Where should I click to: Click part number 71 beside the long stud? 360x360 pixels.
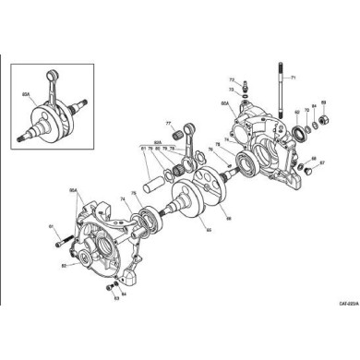point(294,79)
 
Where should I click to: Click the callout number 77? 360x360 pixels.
point(168,123)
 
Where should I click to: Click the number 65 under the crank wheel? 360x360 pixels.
point(209,230)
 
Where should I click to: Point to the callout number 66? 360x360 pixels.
point(228,219)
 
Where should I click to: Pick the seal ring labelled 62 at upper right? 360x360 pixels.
point(299,135)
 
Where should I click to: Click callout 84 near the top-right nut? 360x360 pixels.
point(314,108)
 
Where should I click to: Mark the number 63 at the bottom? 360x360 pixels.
point(114,298)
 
